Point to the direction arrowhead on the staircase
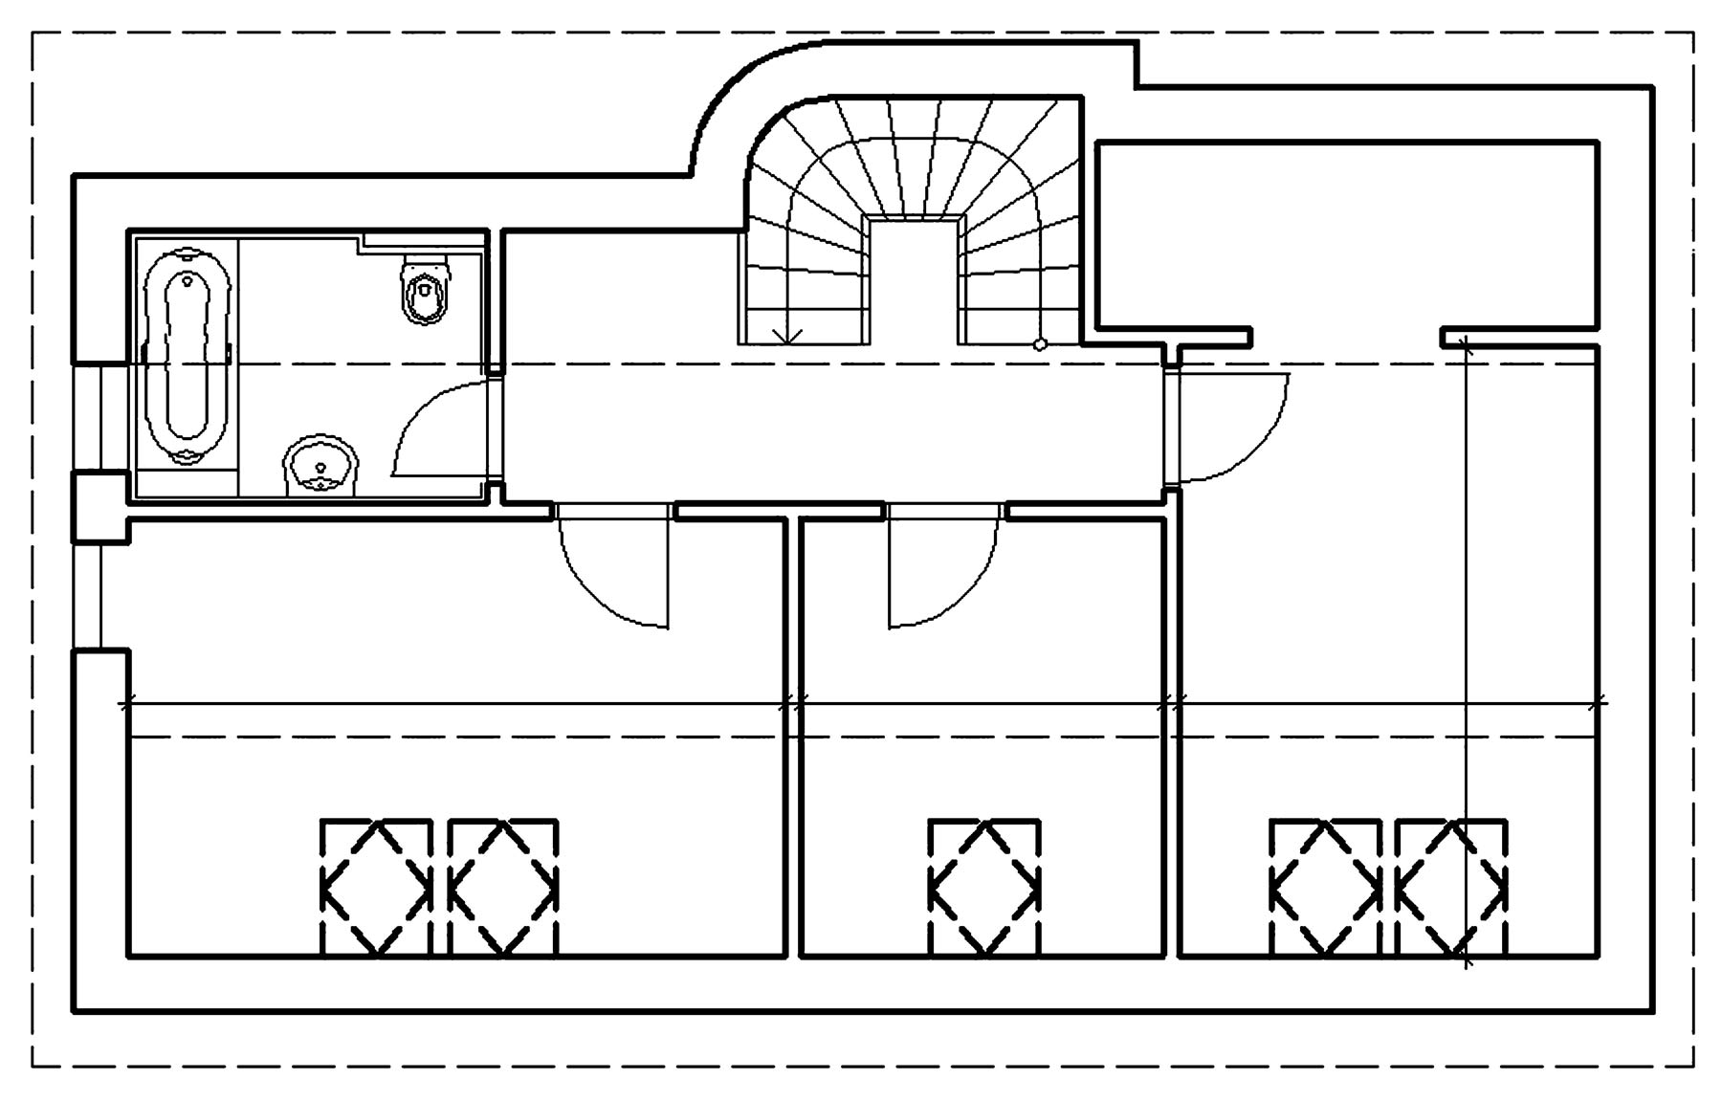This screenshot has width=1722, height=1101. click(x=788, y=336)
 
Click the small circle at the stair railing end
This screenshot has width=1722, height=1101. click(x=1041, y=344)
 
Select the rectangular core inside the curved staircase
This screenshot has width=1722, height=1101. click(x=913, y=277)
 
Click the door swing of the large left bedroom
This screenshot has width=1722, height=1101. click(x=603, y=584)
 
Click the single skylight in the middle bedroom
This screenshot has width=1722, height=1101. click(x=984, y=888)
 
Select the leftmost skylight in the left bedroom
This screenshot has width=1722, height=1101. click(x=375, y=888)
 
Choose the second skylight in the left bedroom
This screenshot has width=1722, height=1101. click(x=503, y=888)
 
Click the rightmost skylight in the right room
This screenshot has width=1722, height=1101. click(x=1451, y=888)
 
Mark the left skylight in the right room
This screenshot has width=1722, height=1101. click(x=1326, y=888)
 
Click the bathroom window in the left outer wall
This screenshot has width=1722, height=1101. click(x=100, y=418)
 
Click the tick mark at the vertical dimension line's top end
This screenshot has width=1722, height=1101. click(x=1467, y=345)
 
